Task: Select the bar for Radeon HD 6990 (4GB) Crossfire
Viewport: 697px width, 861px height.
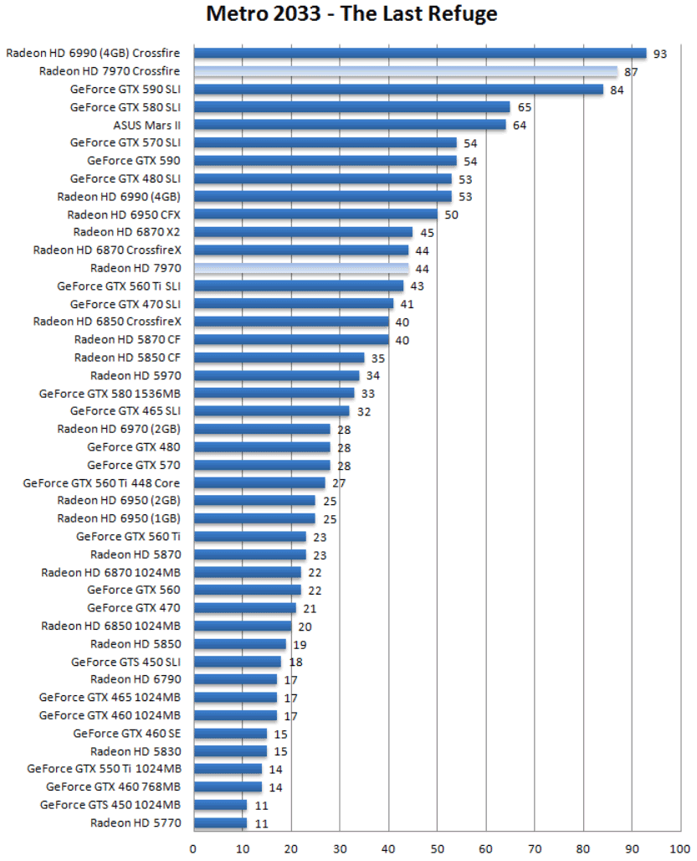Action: (x=418, y=54)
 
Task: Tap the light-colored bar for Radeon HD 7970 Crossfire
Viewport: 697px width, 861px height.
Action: (x=405, y=71)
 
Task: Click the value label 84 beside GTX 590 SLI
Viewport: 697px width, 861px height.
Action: (x=618, y=90)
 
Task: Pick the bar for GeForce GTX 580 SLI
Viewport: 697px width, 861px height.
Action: (x=351, y=107)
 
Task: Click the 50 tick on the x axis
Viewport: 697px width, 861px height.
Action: (x=437, y=847)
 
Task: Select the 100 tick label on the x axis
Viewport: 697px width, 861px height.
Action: (x=679, y=847)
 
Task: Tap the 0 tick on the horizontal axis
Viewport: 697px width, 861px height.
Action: (x=193, y=847)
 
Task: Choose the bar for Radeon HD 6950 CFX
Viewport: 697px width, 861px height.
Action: (x=315, y=214)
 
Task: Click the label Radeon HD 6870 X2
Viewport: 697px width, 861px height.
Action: (x=126, y=232)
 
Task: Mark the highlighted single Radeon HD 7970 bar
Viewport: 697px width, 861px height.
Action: (x=300, y=268)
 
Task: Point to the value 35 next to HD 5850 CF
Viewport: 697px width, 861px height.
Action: (x=378, y=358)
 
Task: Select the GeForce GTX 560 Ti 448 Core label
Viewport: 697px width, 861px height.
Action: (x=101, y=482)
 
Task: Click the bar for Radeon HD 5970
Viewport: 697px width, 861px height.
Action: (x=276, y=375)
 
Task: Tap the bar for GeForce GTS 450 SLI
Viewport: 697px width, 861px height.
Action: (x=237, y=662)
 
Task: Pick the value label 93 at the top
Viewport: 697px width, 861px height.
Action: (x=660, y=54)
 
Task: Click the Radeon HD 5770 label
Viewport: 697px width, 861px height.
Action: (x=135, y=822)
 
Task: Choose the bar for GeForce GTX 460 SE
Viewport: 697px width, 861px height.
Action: (x=229, y=733)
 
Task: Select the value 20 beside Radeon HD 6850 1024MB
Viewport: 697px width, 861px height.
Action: (x=305, y=626)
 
